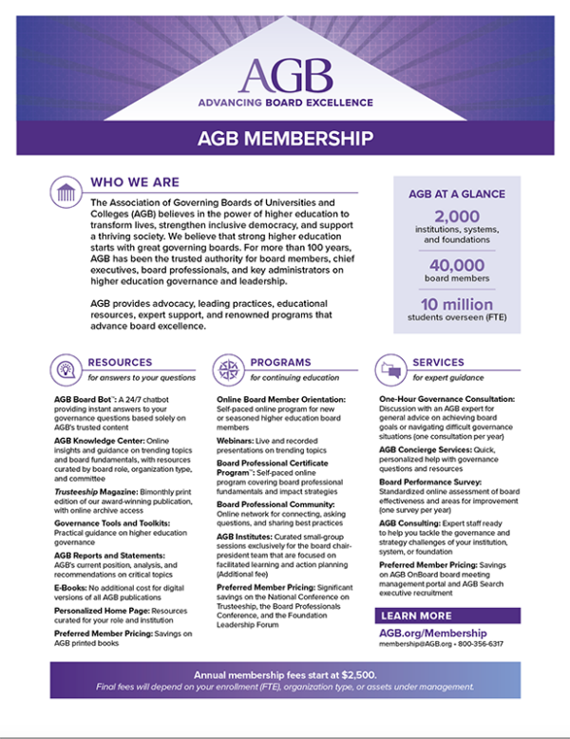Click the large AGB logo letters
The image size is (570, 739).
coord(286,72)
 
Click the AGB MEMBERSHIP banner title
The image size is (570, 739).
coord(285,139)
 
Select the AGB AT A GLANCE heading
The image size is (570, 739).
coord(457,194)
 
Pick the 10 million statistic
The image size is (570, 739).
coord(457,305)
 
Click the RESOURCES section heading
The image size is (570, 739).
coord(120,362)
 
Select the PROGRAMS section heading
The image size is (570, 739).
coord(280,362)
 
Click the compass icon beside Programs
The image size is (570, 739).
coord(229,369)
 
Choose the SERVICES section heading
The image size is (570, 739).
coord(438,362)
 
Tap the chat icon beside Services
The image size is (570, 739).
coord(389,369)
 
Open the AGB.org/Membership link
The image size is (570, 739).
coord(433,633)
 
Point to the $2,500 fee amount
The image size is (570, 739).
coord(356,673)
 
